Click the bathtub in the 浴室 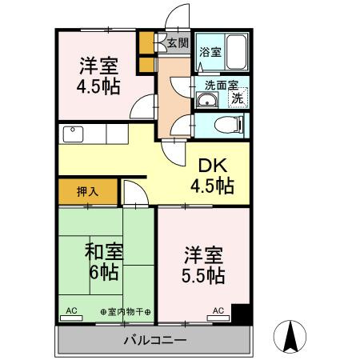pyautogui.click(x=236, y=52)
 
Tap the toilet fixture pyautogui.click(x=229, y=125)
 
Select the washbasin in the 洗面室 pyautogui.click(x=207, y=100)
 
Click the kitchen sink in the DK pyautogui.click(x=73, y=134)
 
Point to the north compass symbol pyautogui.click(x=290, y=337)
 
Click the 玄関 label pyautogui.click(x=178, y=42)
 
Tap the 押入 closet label pyautogui.click(x=88, y=191)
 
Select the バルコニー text pyautogui.click(x=155, y=341)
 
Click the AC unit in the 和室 pyautogui.click(x=71, y=318)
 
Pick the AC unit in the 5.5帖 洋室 pyautogui.click(x=218, y=318)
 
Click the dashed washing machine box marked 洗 pyautogui.click(x=238, y=98)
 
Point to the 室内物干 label pyautogui.click(x=126, y=311)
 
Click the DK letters pyautogui.click(x=213, y=166)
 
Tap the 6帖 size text pyautogui.click(x=104, y=272)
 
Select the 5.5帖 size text pyautogui.click(x=203, y=275)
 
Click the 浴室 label pyautogui.click(x=210, y=52)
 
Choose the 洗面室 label pyautogui.click(x=222, y=86)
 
